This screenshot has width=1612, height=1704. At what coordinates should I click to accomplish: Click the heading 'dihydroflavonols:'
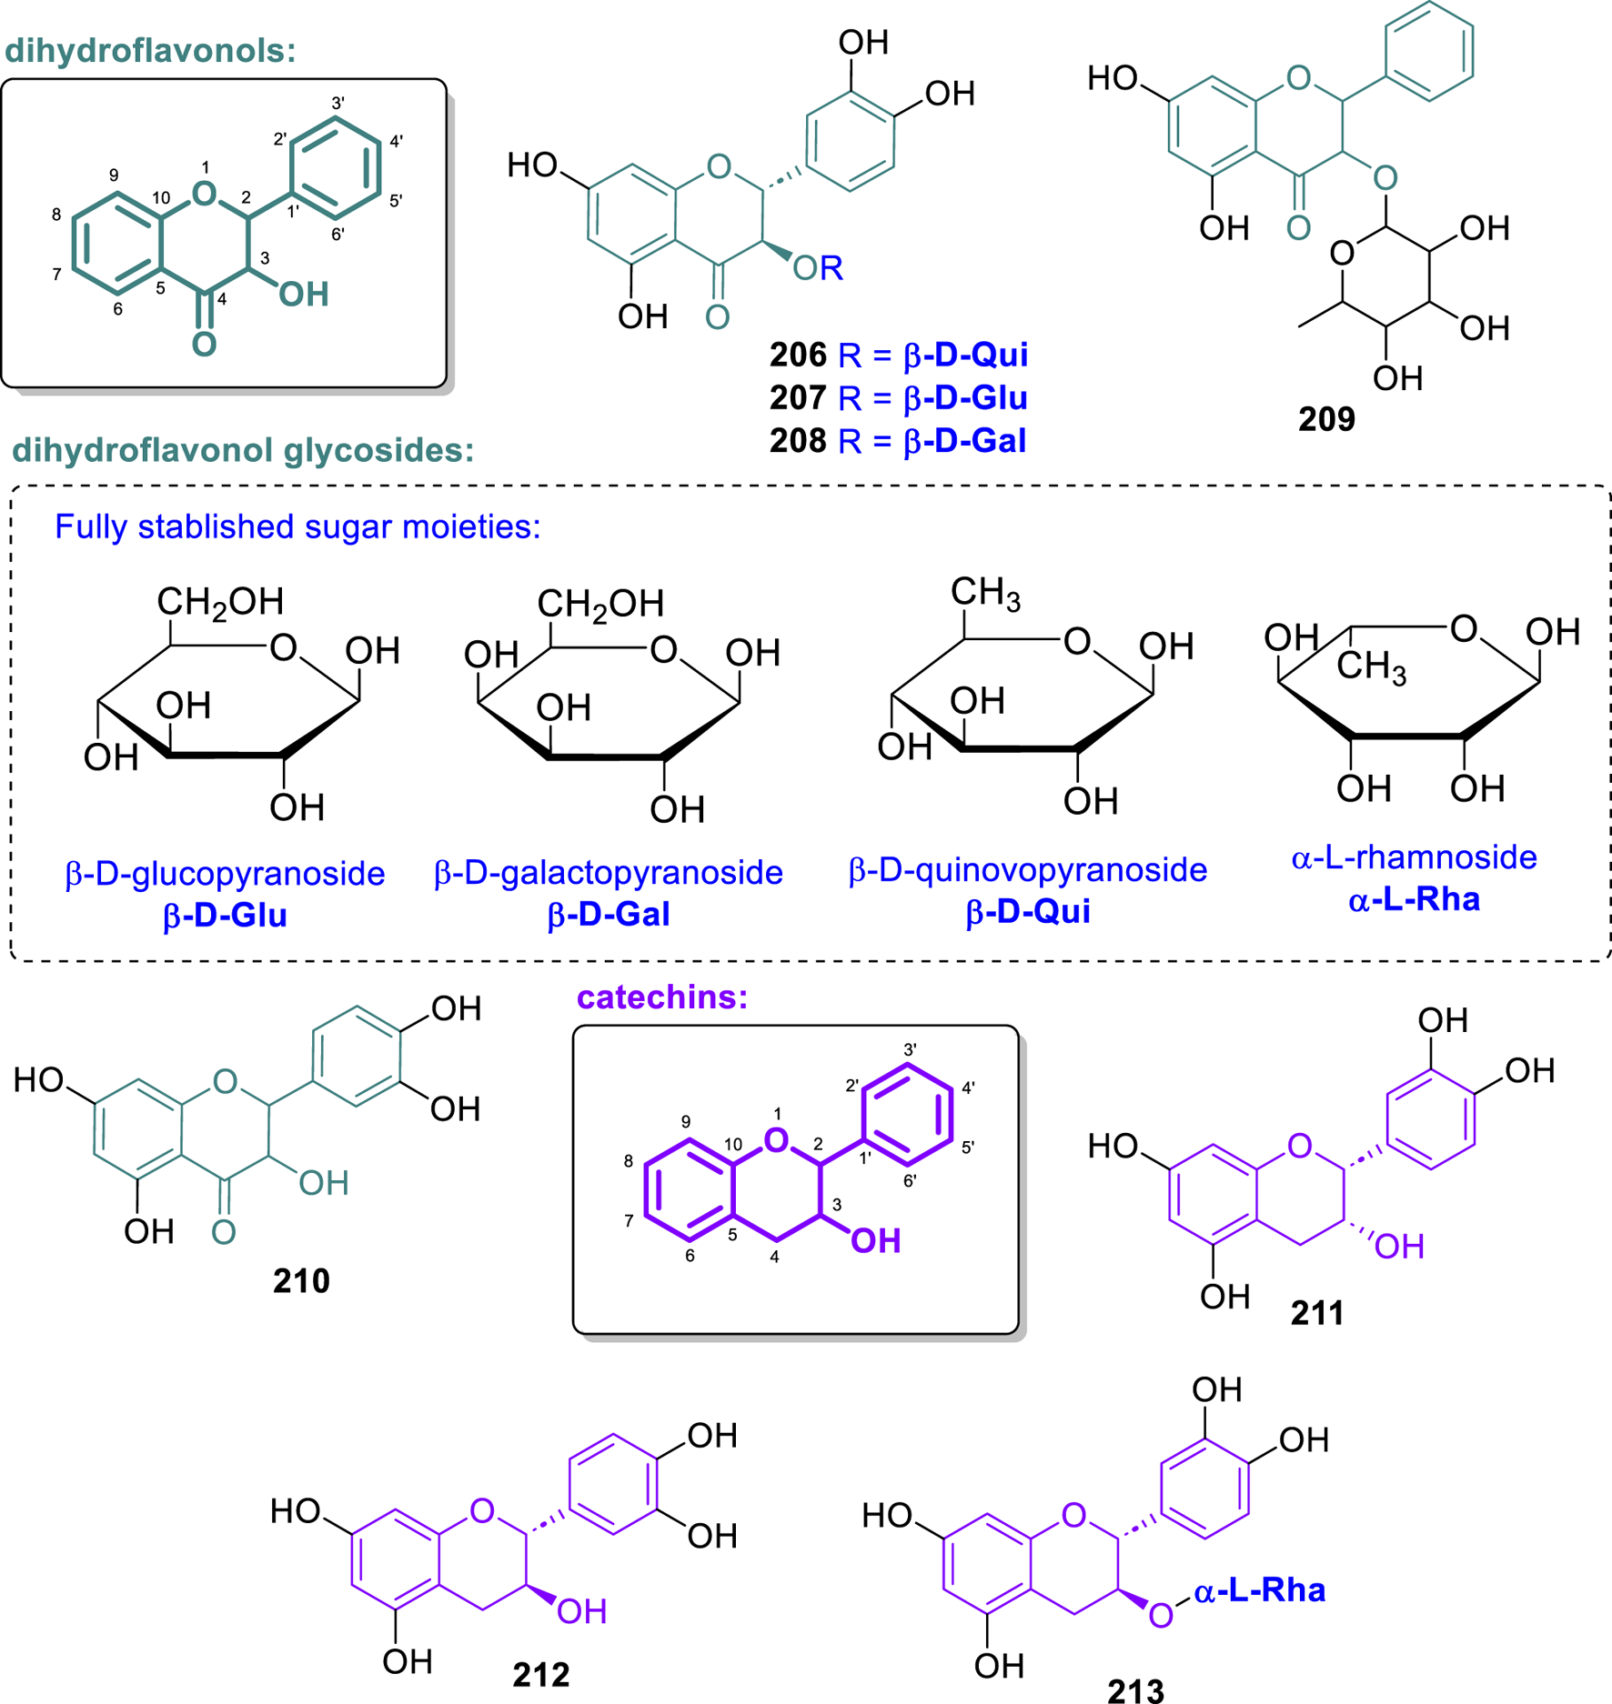click(x=150, y=51)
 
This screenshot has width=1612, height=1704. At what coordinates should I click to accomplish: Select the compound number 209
click(x=1326, y=419)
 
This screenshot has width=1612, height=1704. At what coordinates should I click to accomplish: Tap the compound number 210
click(x=301, y=1280)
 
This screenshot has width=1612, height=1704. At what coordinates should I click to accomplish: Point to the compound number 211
click(x=1317, y=1313)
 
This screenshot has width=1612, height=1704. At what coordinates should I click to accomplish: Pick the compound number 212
click(x=541, y=1674)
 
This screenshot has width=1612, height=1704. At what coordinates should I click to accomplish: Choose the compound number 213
click(x=1136, y=1690)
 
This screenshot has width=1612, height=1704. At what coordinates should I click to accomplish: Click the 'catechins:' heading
click(x=662, y=997)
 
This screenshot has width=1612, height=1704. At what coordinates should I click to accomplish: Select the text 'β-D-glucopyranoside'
click(x=225, y=874)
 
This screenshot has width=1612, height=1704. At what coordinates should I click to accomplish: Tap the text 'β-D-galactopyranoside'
click(x=609, y=873)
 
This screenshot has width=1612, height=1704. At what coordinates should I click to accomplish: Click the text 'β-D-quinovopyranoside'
click(x=1028, y=870)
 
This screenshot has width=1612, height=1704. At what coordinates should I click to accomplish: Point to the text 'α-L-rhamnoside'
click(x=1414, y=857)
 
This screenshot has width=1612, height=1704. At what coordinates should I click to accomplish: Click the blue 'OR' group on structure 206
click(x=818, y=268)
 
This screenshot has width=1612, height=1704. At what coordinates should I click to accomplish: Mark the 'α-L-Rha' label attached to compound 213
click(x=1260, y=1590)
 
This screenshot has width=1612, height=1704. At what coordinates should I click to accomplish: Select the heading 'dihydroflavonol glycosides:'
click(x=243, y=450)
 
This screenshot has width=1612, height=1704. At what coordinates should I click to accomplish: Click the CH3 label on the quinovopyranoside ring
click(x=985, y=593)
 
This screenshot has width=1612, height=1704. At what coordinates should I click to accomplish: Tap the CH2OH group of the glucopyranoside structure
click(x=220, y=602)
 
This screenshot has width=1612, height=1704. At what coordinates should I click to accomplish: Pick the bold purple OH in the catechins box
click(x=875, y=1241)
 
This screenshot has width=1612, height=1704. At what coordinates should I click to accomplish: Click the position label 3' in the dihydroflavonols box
click(x=338, y=104)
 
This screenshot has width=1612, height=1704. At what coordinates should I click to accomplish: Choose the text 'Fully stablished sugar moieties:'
click(x=297, y=527)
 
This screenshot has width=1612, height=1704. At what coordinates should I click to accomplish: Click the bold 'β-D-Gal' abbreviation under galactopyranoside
click(x=609, y=914)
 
